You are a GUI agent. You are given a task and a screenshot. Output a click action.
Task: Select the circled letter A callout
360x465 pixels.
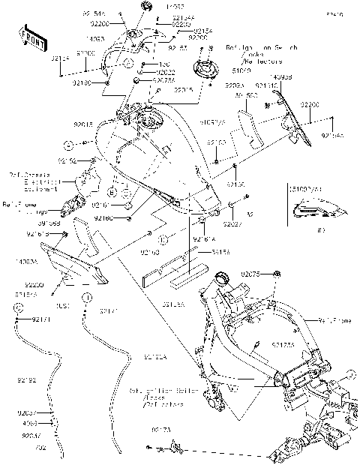(x=67, y=143)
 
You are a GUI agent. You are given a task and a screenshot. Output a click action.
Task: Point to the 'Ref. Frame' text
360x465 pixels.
(x=334, y=321)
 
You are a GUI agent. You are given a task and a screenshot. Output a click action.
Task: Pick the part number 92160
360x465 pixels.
(x=104, y=217)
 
